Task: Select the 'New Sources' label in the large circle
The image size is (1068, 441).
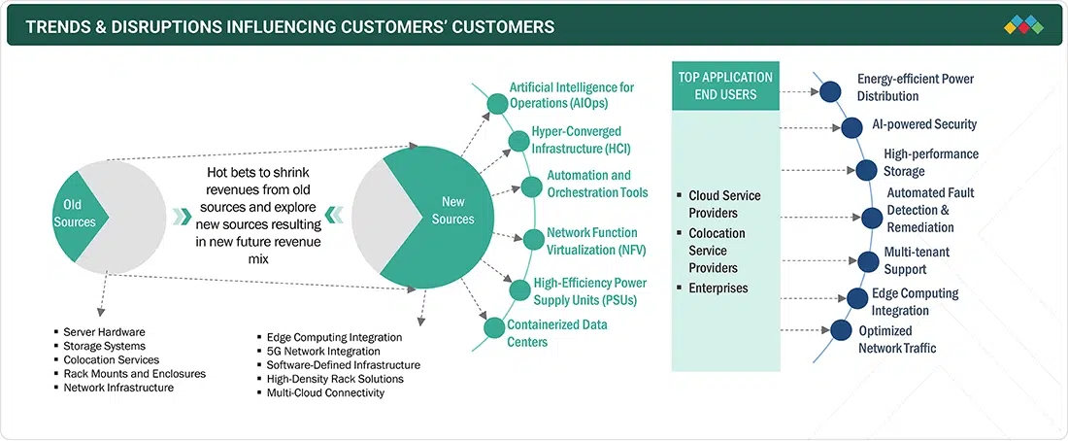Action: pos(453,211)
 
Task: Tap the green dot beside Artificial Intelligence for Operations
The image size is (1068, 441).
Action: pos(496,102)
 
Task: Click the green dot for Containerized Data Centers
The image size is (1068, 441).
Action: pos(493,327)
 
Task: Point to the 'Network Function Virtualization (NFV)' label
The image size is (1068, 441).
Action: pos(592,241)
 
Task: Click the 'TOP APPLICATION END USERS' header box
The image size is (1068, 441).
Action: pos(725,86)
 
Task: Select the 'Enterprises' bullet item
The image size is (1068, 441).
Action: pos(719,288)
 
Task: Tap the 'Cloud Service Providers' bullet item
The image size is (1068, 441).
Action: pos(724,204)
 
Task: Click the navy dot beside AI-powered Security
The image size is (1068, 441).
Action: pos(852,127)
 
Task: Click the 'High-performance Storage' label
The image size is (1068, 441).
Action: pos(930,163)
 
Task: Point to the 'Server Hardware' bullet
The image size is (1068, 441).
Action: pos(104,332)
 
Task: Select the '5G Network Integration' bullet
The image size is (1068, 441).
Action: pos(323,351)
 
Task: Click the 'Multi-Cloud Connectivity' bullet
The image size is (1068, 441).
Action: pos(325,392)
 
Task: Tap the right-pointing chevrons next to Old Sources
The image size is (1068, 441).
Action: pos(183,215)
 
